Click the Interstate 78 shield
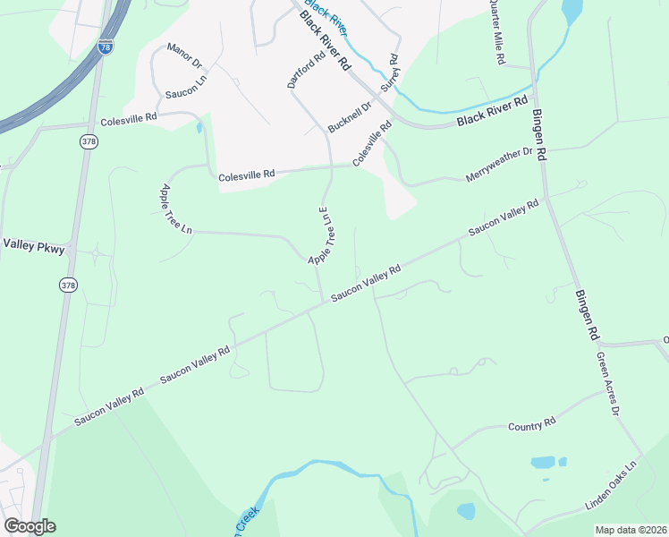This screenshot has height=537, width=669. tap(106, 47)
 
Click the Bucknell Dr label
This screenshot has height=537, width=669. tap(349, 117)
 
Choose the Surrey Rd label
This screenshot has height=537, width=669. tap(390, 74)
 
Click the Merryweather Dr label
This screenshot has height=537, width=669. tap(499, 165)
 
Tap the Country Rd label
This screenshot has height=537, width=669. tap(532, 425)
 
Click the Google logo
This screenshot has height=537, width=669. tap(30, 526)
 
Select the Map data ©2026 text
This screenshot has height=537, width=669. tap(631, 530)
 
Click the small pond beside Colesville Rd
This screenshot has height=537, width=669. tap(199, 127)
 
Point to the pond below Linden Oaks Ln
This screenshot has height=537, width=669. tap(466, 511)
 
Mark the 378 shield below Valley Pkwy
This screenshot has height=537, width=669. tap(68, 285)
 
